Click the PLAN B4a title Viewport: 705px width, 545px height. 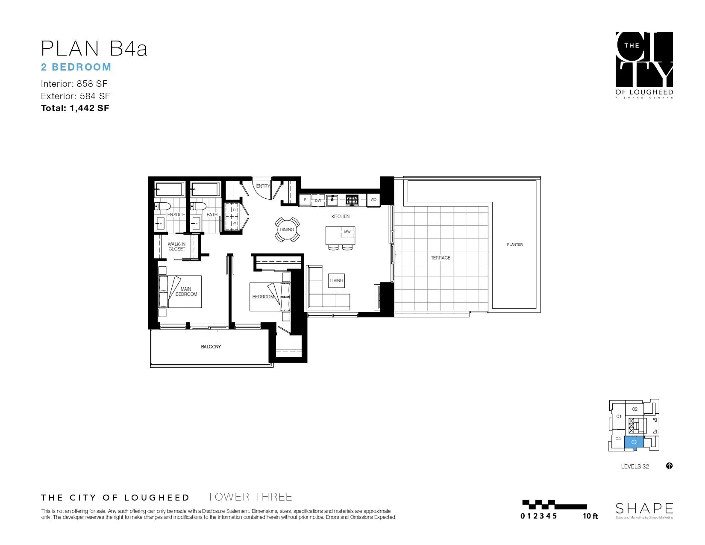pyautogui.click(x=94, y=48)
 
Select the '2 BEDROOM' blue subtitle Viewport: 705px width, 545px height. pyautogui.click(x=76, y=67)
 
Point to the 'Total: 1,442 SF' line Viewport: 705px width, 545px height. pyautogui.click(x=75, y=108)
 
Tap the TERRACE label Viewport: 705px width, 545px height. pyautogui.click(x=441, y=258)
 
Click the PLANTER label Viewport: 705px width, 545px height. pyautogui.click(x=514, y=245)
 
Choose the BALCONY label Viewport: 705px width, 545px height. pyautogui.click(x=211, y=347)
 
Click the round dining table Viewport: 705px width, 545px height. pyautogui.click(x=287, y=230)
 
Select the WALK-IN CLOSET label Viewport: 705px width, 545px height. pyautogui.click(x=176, y=247)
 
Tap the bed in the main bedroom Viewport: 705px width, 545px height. pyautogui.click(x=179, y=292)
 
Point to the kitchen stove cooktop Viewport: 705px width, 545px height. pyautogui.click(x=352, y=199)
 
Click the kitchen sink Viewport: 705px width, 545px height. pyautogui.click(x=332, y=199)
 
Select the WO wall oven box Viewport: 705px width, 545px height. pyautogui.click(x=373, y=200)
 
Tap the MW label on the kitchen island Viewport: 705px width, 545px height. pyautogui.click(x=347, y=232)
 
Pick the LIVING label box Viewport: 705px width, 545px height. pyautogui.click(x=336, y=280)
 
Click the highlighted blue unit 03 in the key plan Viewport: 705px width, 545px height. pyautogui.click(x=634, y=442)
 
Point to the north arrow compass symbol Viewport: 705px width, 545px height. pyautogui.click(x=669, y=466)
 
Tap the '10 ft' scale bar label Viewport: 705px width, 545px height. pyautogui.click(x=590, y=516)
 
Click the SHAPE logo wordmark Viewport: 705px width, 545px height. pyautogui.click(x=644, y=508)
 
